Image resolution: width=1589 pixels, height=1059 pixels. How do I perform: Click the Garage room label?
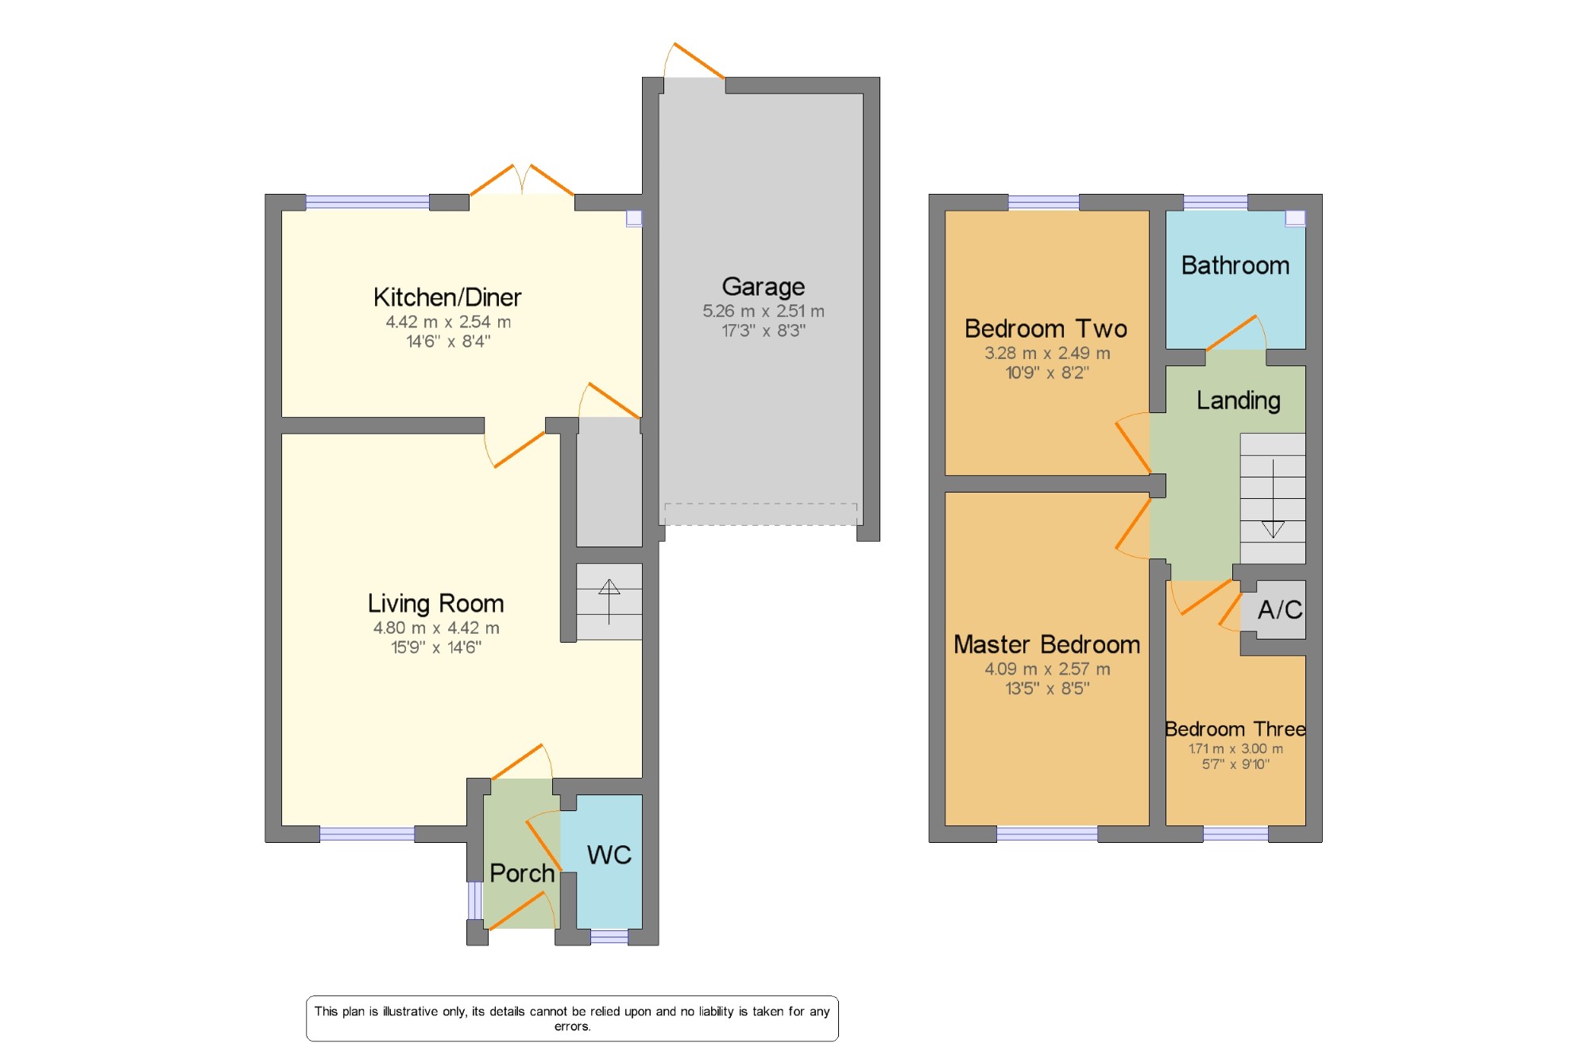[763, 287]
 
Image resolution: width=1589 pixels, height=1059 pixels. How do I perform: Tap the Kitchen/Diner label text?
[447, 297]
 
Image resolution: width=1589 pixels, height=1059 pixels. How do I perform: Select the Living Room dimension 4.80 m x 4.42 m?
[436, 628]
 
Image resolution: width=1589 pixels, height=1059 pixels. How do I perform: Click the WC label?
[609, 855]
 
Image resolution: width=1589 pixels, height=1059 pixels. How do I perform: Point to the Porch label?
[522, 873]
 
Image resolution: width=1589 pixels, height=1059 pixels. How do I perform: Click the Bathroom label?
[1235, 265]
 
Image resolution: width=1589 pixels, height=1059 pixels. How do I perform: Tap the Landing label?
[1239, 401]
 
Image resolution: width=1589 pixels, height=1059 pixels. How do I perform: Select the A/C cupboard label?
[1280, 609]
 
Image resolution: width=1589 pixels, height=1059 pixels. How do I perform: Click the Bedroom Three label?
[1235, 729]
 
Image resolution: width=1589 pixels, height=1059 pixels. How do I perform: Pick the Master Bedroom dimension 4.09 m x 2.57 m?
[1047, 669]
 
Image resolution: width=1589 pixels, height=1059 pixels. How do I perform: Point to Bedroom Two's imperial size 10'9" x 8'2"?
[1047, 373]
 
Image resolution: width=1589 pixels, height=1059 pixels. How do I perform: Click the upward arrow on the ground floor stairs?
[609, 601]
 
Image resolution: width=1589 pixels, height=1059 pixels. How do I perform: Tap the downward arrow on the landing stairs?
[1273, 499]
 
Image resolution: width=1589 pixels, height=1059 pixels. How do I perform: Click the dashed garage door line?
[761, 514]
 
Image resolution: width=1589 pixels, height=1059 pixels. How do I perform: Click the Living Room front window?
[367, 834]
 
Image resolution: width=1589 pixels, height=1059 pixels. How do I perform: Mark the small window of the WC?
[609, 937]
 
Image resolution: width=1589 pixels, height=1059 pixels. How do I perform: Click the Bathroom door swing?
[1236, 333]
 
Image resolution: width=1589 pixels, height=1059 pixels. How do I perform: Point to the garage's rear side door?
[694, 61]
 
